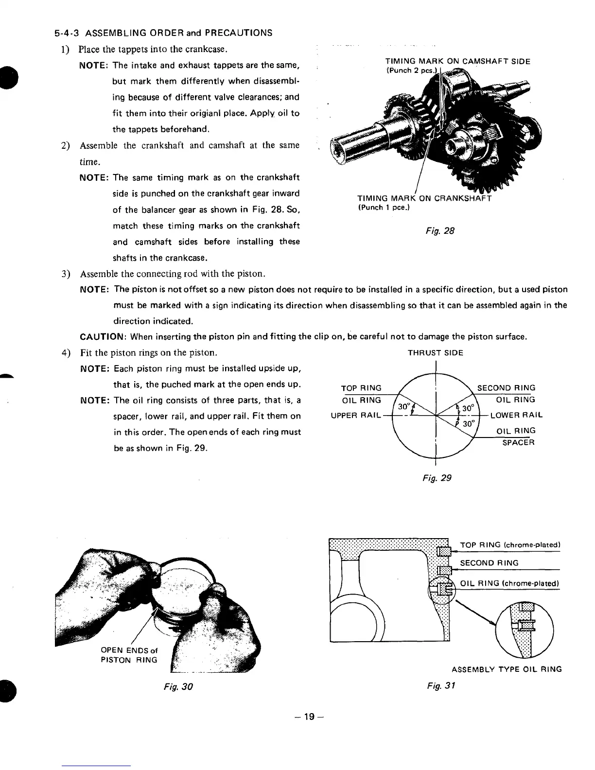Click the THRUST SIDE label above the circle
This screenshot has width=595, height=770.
tap(435, 353)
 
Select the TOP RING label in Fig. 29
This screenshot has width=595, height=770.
tap(361, 388)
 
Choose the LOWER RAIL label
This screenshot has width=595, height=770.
tap(516, 416)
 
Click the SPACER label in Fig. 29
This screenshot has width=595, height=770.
tap(518, 442)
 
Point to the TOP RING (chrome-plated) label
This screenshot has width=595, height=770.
tap(510, 544)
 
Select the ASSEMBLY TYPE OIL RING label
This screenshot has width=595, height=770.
tap(507, 669)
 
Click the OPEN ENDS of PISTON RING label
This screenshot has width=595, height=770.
tap(129, 655)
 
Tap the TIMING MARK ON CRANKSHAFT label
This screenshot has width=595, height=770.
tap(424, 198)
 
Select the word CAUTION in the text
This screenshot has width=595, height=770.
tap(103, 336)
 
